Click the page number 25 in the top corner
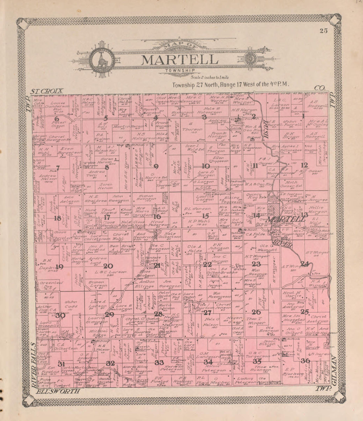pos(323,31)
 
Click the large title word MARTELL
pos(180,60)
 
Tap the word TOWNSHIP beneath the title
pos(180,70)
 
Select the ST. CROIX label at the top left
pos(47,91)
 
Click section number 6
pos(57,119)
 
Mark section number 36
pos(305,361)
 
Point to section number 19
pos(59,267)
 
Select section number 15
pos(206,216)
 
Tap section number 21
pos(157,265)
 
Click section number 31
pos(61,364)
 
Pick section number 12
pos(304,165)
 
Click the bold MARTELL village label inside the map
pos(286,219)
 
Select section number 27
pos(207,312)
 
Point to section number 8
pos(107,167)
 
